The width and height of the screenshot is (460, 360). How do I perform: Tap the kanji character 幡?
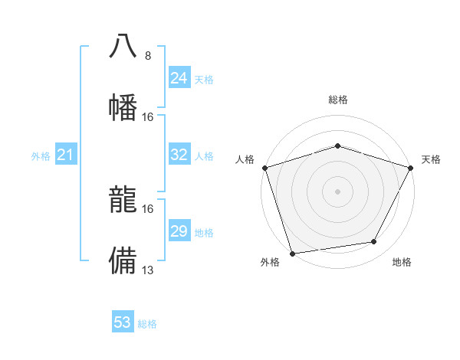123,106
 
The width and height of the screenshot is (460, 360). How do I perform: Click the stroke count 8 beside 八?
148,56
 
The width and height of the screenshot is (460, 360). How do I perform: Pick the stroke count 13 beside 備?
148,270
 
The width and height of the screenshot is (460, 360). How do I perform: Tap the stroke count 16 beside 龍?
148,208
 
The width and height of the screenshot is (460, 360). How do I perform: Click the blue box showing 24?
179,78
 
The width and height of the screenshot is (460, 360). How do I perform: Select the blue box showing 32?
179,155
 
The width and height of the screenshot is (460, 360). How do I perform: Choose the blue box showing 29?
179,231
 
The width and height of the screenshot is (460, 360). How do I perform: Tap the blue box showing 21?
65,155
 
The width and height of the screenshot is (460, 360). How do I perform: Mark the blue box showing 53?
123,322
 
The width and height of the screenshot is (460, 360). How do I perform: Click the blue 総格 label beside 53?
148,324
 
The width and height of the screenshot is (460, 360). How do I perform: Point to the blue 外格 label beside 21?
41,156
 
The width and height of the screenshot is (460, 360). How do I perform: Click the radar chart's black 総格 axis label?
337,100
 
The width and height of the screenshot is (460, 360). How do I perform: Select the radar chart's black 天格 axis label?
431,159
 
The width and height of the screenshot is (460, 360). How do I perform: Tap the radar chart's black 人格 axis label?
245,159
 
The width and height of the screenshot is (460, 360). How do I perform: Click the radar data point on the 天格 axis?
412,167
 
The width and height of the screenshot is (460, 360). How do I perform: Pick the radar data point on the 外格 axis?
292,253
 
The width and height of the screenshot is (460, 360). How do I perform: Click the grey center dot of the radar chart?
337,191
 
